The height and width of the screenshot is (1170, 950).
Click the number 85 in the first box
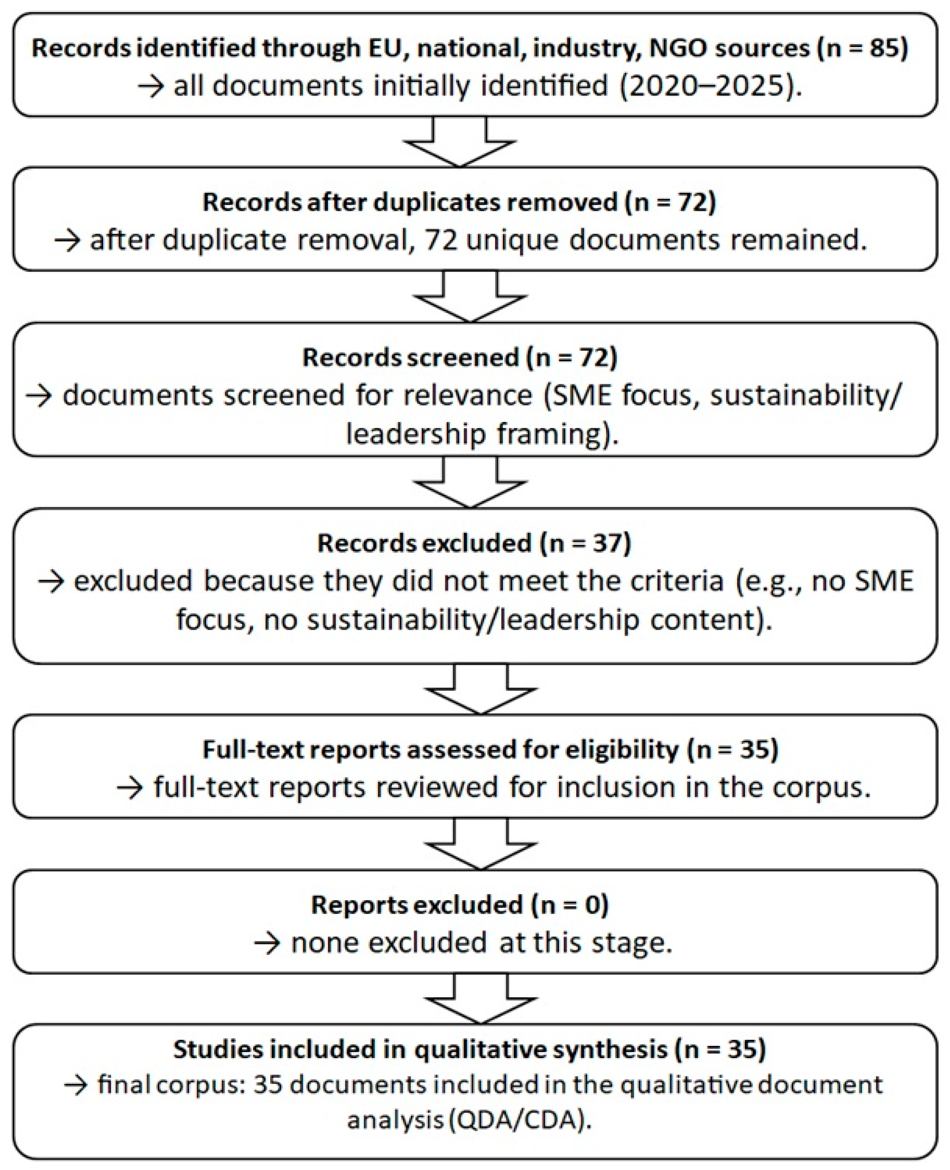[884, 49]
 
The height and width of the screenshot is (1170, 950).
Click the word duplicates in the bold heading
[440, 202]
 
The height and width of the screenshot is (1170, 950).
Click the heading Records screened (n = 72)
[459, 358]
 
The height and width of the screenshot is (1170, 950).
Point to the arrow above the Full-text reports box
[480, 690]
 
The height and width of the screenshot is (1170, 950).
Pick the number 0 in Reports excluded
[595, 905]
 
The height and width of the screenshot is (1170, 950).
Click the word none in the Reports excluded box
[324, 943]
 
